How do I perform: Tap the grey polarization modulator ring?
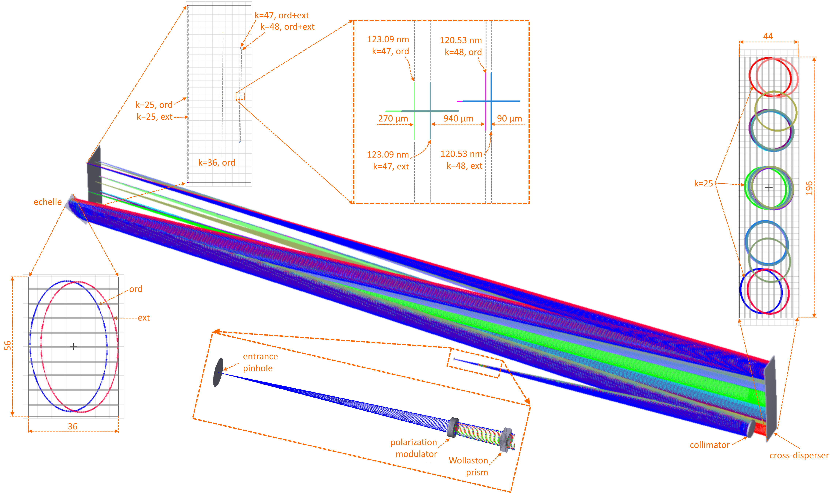453,427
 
